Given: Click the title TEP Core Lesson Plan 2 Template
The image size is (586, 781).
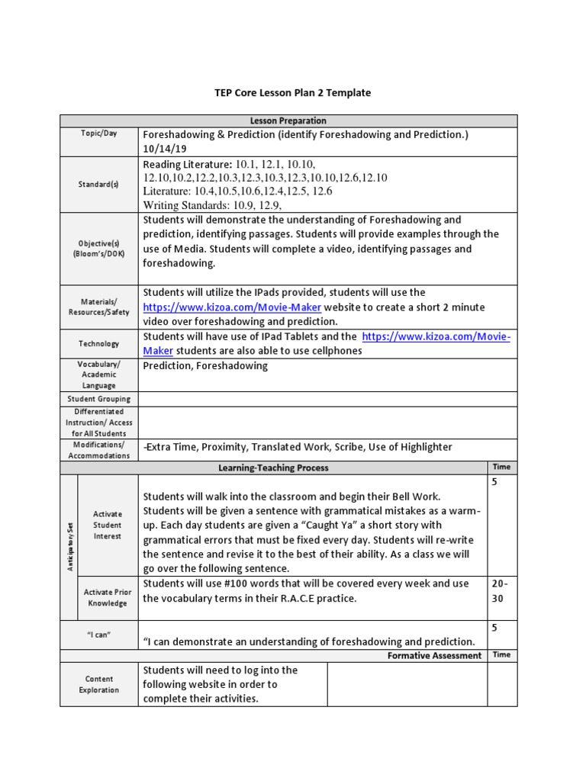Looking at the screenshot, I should point(292,93).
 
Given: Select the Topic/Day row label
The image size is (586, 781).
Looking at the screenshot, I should point(99,133).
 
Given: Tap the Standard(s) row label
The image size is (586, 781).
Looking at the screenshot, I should point(99,185).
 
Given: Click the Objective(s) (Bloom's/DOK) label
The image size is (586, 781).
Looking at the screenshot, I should point(99,249).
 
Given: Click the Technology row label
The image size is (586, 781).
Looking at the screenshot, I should point(99,344).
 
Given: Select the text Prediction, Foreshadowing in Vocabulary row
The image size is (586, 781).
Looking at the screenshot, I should point(205,366).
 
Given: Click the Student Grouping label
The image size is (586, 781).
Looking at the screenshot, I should point(99,399).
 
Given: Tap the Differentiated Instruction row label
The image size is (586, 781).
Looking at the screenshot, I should point(99,423).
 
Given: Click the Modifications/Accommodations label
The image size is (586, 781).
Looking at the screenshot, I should point(99,450).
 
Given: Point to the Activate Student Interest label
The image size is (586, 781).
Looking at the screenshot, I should point(108,525).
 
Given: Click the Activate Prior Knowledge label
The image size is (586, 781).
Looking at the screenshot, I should point(108,598).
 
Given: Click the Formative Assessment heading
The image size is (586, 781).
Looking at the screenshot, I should point(434,655).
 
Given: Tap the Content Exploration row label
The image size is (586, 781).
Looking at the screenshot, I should point(99,684).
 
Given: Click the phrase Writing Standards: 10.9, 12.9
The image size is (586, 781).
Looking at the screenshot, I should point(212,205).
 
